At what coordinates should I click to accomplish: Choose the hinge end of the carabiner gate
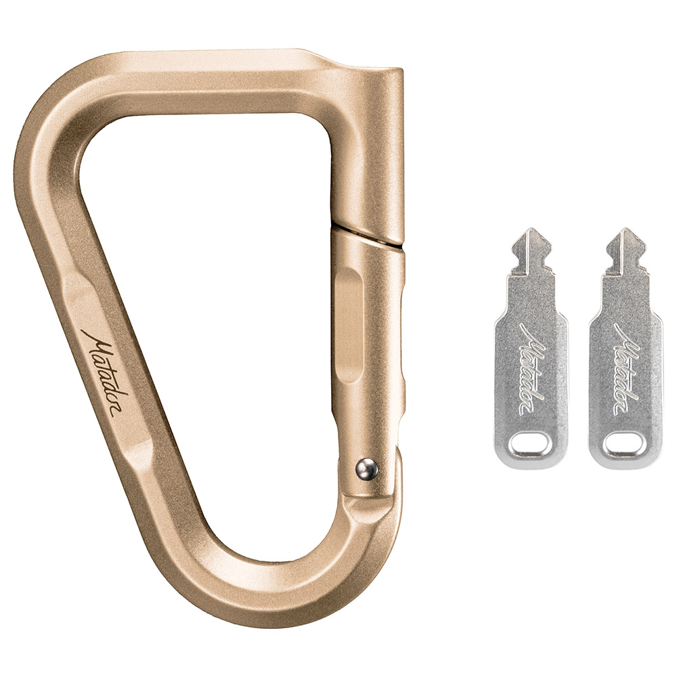pos(369,487)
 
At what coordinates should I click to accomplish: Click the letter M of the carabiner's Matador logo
pos(91,341)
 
